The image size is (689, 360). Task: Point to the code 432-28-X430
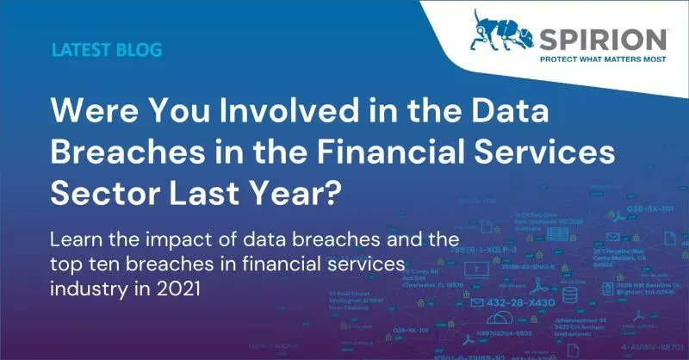[534, 304]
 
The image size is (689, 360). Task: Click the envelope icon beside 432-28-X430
[481, 304]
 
